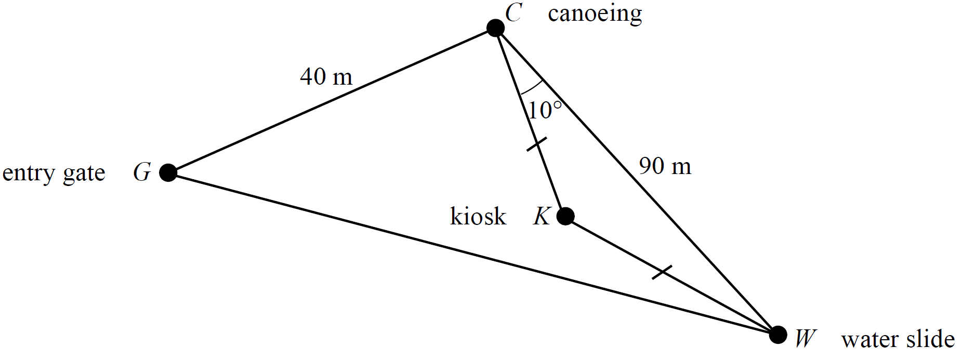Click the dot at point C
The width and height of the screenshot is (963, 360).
point(496,28)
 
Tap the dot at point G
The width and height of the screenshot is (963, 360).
point(168,172)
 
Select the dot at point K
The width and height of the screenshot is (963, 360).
point(565,216)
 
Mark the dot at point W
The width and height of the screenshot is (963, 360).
point(777,335)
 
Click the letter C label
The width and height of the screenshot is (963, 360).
point(513,13)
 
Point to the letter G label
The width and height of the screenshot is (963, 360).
point(142,172)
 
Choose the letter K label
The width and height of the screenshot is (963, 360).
point(542,216)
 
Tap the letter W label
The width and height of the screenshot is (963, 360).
point(805,339)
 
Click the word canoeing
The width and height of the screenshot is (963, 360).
point(595,15)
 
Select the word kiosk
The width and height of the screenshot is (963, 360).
point(478,216)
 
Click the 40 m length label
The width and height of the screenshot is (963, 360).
point(326,77)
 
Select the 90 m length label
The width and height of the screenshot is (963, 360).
point(665,166)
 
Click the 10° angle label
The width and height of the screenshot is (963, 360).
point(544,110)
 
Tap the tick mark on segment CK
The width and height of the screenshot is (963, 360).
point(536,144)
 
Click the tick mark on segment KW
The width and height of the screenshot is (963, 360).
point(662,272)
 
